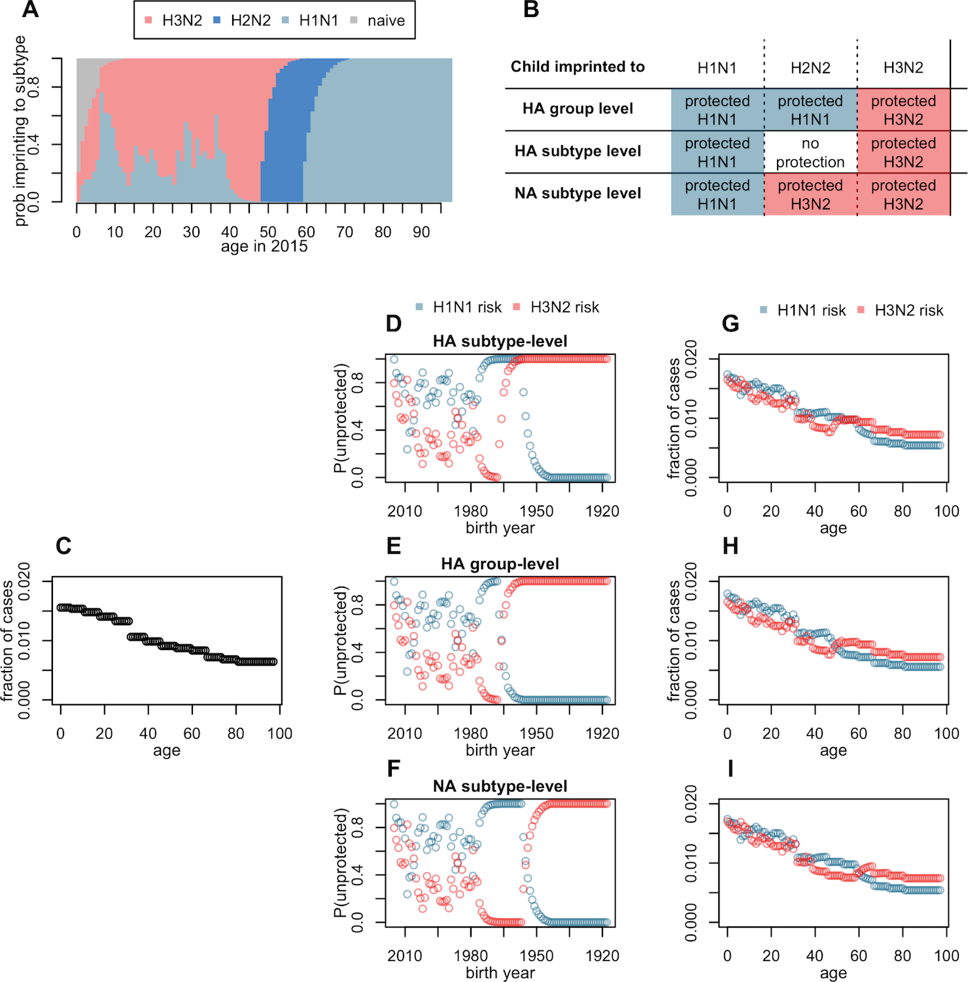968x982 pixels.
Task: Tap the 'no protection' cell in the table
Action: [x=810, y=153]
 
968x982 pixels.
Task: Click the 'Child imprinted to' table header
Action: [x=578, y=67]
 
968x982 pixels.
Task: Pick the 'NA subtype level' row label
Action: [x=578, y=194]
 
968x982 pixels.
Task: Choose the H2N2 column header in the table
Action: [x=810, y=67]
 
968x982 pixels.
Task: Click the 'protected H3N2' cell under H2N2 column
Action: [x=810, y=194]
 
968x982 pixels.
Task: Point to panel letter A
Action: [x=30, y=10]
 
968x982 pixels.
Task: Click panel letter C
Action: [x=63, y=546]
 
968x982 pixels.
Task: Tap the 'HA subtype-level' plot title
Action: [x=500, y=341]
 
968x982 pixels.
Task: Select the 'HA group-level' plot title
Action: [x=500, y=564]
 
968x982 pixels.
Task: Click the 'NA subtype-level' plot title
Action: [x=500, y=786]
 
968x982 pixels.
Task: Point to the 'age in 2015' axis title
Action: [x=264, y=247]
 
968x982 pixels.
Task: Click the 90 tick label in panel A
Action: [x=421, y=232]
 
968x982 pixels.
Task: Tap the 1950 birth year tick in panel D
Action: [x=536, y=511]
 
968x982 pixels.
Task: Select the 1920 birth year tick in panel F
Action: [x=602, y=956]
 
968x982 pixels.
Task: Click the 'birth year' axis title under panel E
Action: [x=500, y=750]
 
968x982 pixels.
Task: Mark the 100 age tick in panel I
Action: [x=946, y=956]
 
